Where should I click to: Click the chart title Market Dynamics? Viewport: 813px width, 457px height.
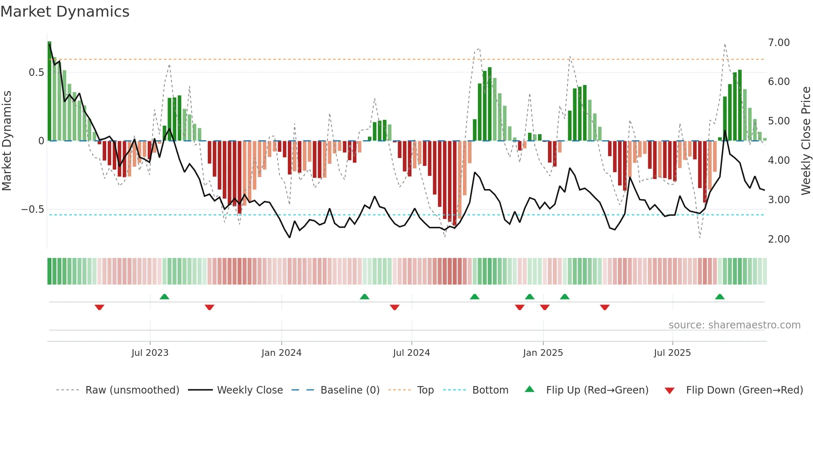[x=65, y=12]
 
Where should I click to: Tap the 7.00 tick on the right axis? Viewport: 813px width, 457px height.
[x=779, y=43]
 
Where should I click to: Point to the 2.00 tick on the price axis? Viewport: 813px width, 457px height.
[x=779, y=239]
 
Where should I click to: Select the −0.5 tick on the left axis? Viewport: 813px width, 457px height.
[x=33, y=209]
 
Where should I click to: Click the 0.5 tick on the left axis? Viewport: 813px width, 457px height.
[x=36, y=73]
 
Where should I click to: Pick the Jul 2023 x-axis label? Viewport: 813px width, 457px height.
[x=150, y=353]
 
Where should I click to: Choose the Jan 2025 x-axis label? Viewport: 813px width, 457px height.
[x=543, y=353]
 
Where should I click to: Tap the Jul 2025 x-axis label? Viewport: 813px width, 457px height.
[x=672, y=353]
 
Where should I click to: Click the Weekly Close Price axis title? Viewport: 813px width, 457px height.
[x=806, y=141]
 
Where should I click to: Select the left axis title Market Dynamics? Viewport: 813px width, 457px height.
[x=7, y=141]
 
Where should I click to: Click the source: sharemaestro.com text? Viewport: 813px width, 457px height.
[x=734, y=325]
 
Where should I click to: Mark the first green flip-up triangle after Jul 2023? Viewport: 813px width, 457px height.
[x=164, y=297]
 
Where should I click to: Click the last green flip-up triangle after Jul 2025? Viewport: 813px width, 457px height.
[x=720, y=297]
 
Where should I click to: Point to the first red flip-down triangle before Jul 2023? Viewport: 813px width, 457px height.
[x=99, y=307]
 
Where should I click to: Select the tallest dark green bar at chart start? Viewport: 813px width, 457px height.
[x=49, y=91]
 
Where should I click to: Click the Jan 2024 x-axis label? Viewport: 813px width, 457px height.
[x=281, y=353]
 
